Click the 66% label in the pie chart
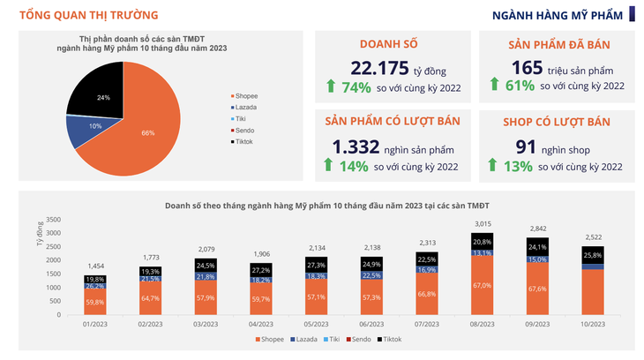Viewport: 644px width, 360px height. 147,132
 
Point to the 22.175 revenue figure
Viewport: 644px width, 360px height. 379,68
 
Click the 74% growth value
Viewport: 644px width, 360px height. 349,86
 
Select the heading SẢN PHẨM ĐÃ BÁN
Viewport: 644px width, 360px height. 560,44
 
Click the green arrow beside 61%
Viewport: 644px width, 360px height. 495,86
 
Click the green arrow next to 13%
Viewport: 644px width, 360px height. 495,165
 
